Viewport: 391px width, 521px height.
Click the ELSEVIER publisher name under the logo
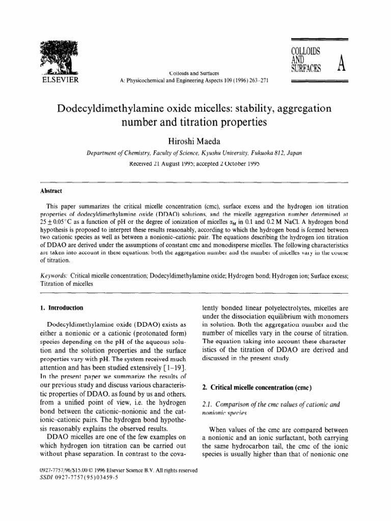click(57, 80)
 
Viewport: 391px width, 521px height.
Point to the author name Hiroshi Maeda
click(195, 139)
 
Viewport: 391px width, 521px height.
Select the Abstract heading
click(51, 191)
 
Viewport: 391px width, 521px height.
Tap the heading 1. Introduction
click(61, 308)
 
